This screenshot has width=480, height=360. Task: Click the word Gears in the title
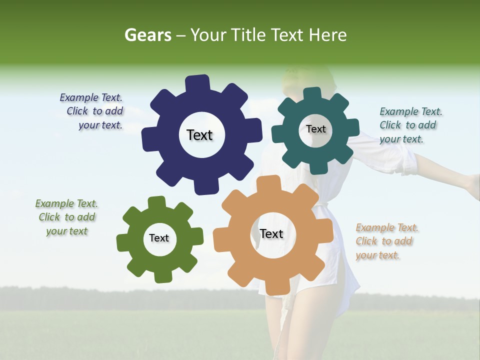(x=147, y=35)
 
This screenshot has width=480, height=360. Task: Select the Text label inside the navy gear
(x=199, y=135)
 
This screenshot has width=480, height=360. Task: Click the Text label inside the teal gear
(x=315, y=129)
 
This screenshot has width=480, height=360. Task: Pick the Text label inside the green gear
(x=159, y=238)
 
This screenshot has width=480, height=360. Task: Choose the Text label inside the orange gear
(x=271, y=233)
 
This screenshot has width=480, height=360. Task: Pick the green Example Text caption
(x=67, y=217)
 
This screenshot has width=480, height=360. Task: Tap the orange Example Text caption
(x=386, y=241)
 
